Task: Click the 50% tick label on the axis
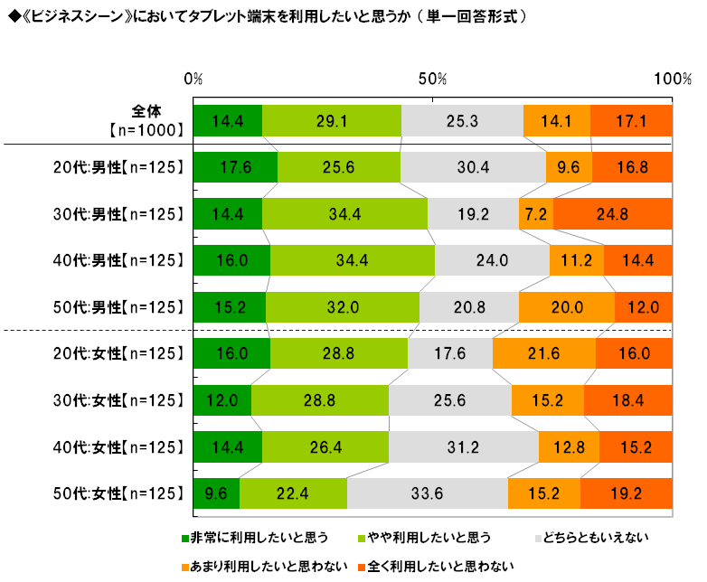(432, 80)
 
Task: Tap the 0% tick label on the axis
(193, 80)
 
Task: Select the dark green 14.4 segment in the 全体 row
(227, 120)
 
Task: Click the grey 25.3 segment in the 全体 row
(462, 120)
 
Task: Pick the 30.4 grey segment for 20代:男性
(473, 167)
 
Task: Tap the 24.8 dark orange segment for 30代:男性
(613, 214)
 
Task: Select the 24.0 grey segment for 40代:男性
(492, 261)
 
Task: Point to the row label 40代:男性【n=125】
(118, 261)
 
